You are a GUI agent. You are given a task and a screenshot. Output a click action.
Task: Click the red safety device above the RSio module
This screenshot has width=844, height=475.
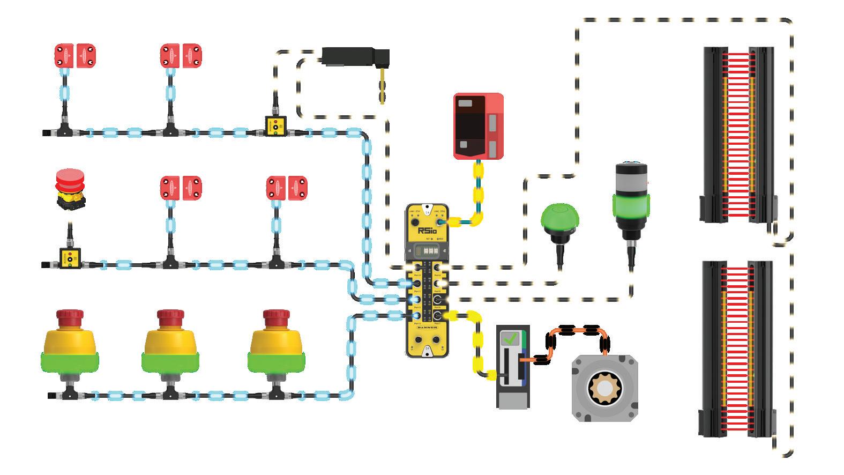click(479, 126)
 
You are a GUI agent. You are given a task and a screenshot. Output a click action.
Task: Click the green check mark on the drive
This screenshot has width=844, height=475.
click(509, 339)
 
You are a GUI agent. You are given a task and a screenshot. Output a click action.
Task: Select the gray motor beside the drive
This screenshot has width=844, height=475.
click(604, 386)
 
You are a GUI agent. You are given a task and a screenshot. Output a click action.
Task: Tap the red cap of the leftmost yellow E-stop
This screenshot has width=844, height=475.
click(69, 316)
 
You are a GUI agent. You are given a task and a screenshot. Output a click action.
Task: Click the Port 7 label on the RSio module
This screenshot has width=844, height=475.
click(437, 323)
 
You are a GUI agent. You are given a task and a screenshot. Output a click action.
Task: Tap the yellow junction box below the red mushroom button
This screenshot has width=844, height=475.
click(69, 256)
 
